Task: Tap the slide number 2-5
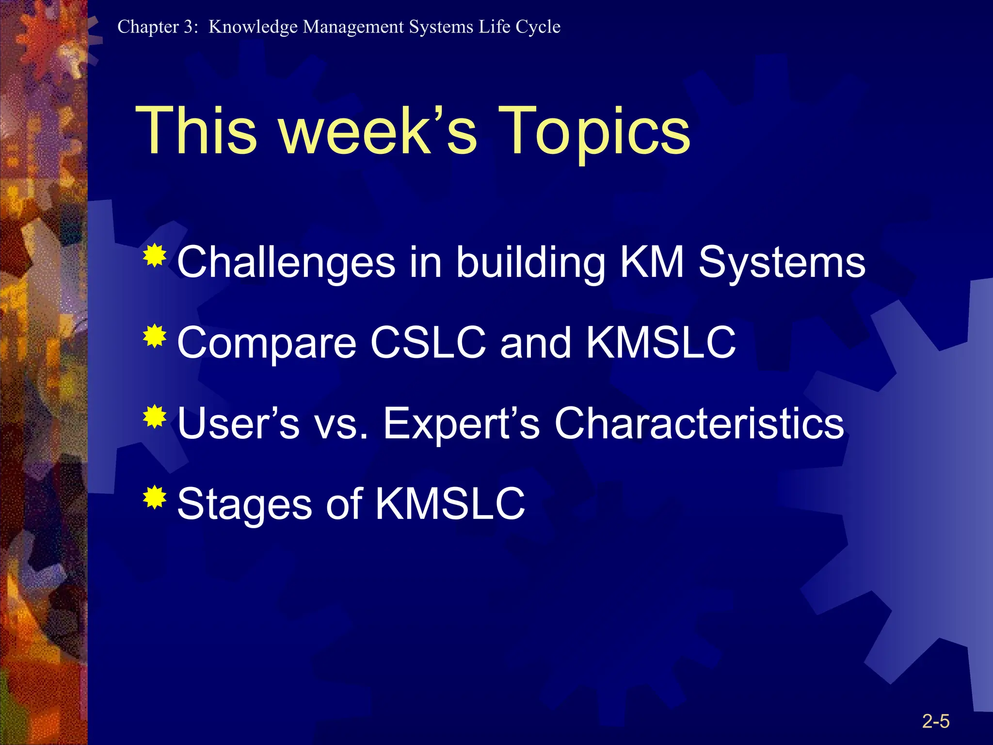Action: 935,721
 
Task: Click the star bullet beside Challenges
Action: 155,256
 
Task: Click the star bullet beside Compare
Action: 155,336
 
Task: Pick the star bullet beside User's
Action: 155,417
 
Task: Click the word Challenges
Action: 286,262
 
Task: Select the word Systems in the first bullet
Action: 782,262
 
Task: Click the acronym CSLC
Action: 428,343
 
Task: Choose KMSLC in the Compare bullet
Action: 661,343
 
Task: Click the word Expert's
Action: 461,423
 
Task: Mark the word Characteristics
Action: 699,423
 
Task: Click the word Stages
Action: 244,505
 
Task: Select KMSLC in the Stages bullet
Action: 450,504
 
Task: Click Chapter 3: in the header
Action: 158,27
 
